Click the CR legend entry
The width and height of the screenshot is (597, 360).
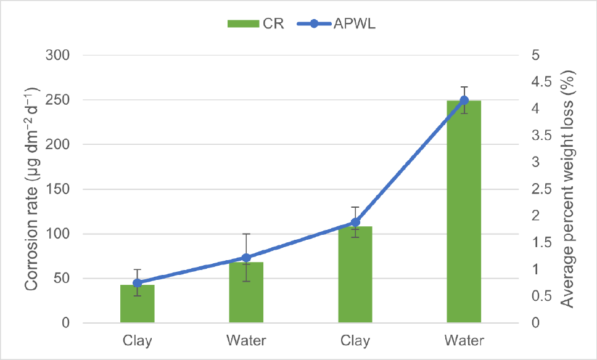click(x=255, y=23)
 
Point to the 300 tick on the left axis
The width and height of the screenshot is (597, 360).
click(x=57, y=55)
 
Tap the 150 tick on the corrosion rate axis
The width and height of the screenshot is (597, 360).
click(x=57, y=189)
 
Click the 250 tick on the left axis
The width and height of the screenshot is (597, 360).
click(x=57, y=100)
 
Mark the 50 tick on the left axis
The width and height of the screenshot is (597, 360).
click(x=62, y=278)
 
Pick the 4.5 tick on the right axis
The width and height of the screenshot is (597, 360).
click(x=541, y=82)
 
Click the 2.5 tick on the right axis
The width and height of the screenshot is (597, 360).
click(x=541, y=189)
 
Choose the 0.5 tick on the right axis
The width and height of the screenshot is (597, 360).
click(x=541, y=296)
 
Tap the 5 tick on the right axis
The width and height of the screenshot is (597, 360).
click(x=536, y=55)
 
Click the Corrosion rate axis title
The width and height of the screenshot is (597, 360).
click(x=32, y=189)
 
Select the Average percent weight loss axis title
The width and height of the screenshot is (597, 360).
click(x=567, y=189)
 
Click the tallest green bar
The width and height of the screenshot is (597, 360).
click(x=464, y=211)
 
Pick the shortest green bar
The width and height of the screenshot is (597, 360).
click(x=138, y=304)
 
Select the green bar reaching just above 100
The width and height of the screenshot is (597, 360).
click(x=355, y=274)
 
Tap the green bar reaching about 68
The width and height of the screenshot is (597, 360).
click(x=246, y=292)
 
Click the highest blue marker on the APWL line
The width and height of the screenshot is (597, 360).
click(x=464, y=100)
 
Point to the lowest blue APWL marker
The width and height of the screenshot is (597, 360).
click(x=138, y=283)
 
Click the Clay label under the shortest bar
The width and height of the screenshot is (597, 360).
click(x=138, y=340)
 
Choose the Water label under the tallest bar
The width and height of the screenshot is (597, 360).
click(x=464, y=340)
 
